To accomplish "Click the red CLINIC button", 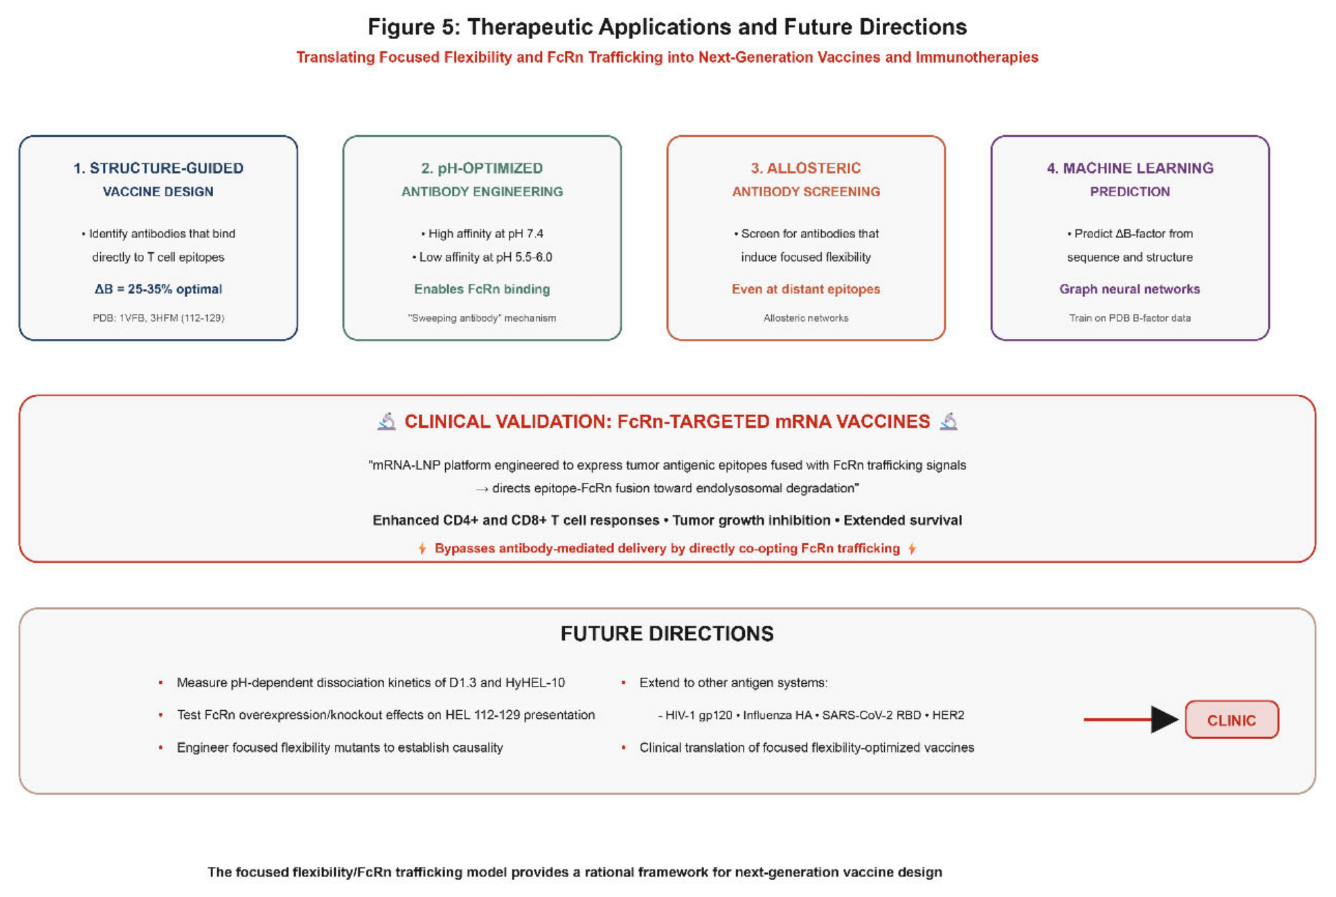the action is (1232, 719).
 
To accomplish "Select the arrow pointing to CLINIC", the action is (1131, 719).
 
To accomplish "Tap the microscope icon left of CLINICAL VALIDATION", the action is (387, 422).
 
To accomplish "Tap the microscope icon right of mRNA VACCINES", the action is (949, 422).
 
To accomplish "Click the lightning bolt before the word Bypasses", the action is (422, 549).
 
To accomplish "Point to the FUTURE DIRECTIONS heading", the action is (667, 633).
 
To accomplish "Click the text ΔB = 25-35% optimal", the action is (158, 289).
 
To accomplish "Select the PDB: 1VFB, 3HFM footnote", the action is (158, 318).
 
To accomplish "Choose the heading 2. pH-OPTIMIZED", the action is (482, 168).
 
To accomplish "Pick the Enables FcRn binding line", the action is (482, 289).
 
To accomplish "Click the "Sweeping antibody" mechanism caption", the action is (482, 318).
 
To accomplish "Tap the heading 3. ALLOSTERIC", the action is (805, 168).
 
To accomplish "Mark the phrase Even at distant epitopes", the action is (805, 289).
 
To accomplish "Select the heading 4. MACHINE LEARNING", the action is (1130, 168).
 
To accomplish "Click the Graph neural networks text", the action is (1130, 289).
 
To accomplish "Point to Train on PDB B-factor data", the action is (1130, 318).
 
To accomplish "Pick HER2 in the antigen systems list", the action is (948, 715).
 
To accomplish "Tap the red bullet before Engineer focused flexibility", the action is (161, 748).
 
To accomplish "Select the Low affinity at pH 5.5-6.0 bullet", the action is (482, 258).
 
